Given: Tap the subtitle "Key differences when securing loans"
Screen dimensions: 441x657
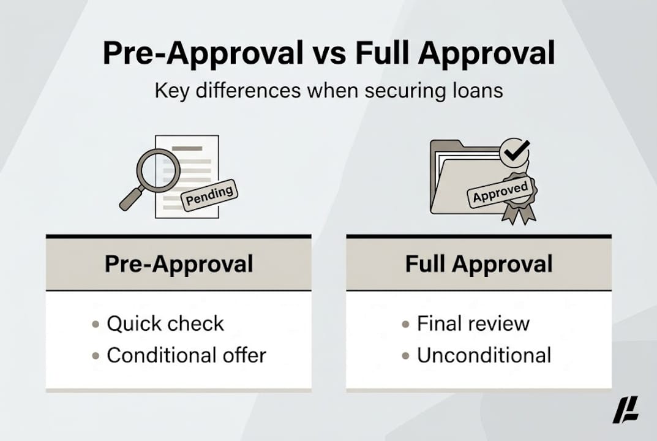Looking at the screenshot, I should point(328,91).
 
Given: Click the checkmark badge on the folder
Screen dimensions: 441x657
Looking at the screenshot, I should point(514,149).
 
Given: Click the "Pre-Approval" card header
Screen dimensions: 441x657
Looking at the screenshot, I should point(178,264).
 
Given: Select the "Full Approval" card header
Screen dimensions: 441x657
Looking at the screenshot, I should point(478,264).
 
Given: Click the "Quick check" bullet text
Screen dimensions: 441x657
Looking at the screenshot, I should point(165,323).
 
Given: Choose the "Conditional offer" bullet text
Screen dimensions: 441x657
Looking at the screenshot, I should point(186,355).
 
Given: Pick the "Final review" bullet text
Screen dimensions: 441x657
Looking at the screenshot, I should point(473,323).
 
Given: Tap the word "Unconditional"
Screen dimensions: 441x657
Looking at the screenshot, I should point(484,355).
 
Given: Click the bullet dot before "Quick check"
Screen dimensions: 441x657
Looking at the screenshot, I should point(96,324).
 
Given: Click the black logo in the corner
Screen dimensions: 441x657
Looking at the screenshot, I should point(625,410).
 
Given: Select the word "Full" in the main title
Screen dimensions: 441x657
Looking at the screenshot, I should point(385,54).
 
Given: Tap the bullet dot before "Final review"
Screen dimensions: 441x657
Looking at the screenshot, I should point(406,324).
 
